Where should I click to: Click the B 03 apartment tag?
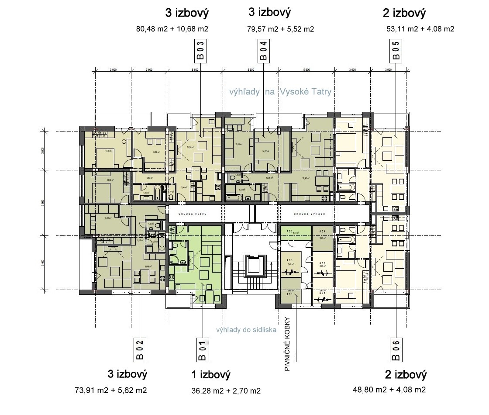(x=200, y=51)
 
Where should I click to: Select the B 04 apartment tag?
(x=263, y=51)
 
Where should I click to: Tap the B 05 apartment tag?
(x=395, y=51)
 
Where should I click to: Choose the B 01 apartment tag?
(x=202, y=349)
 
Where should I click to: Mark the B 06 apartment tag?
(x=396, y=349)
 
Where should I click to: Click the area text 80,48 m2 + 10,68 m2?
(x=172, y=29)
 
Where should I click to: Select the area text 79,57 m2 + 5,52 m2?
(x=280, y=29)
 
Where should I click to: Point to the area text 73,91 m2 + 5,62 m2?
(x=111, y=390)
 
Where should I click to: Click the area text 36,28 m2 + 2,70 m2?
(x=226, y=391)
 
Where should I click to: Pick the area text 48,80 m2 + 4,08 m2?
(x=389, y=389)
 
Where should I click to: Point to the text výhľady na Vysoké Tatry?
(x=280, y=92)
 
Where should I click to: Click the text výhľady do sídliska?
(x=246, y=330)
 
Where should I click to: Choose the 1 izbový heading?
(x=210, y=374)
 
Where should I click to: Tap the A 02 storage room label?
(x=289, y=231)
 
